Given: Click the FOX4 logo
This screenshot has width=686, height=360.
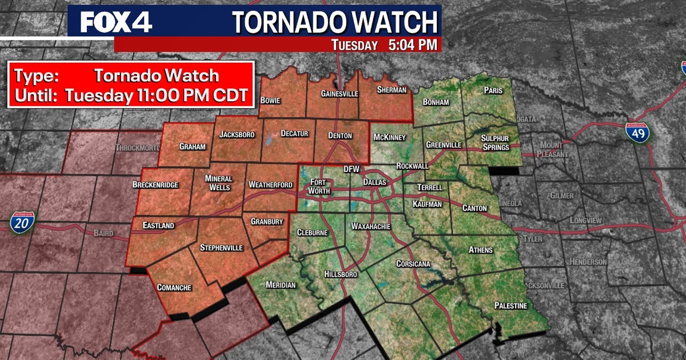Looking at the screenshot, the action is pyautogui.click(x=116, y=22).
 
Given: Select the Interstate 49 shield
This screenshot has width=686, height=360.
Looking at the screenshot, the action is pyautogui.click(x=636, y=133).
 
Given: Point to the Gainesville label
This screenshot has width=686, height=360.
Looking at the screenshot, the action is pyautogui.click(x=339, y=93).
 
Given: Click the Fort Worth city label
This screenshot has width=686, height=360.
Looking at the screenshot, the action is pyautogui.click(x=320, y=186).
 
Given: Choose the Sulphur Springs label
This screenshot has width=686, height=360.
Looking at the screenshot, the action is pyautogui.click(x=494, y=143).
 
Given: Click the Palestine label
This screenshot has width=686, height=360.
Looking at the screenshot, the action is pyautogui.click(x=510, y=306).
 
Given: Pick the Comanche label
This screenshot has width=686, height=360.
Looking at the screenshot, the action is pyautogui.click(x=174, y=287).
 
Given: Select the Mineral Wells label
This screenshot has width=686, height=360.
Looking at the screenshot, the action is pyautogui.click(x=218, y=183).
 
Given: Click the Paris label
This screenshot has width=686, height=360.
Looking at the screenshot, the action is pyautogui.click(x=493, y=90).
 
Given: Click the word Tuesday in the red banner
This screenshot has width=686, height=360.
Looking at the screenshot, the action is pyautogui.click(x=354, y=45).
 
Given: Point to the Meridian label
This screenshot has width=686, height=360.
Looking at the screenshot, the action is pyautogui.click(x=281, y=285).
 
